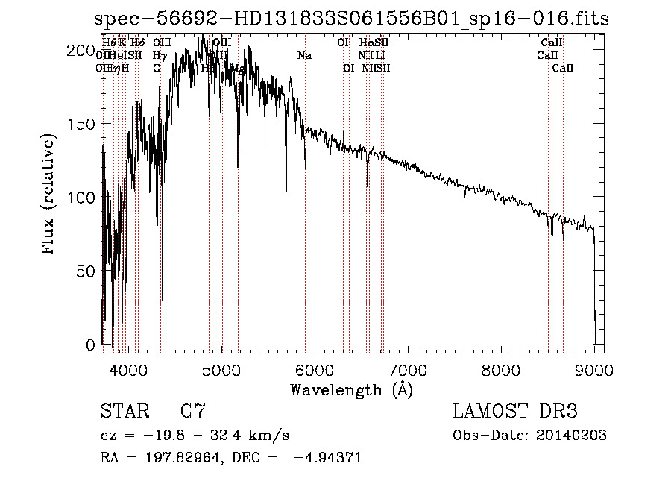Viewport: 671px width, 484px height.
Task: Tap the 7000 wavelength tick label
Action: point(408,369)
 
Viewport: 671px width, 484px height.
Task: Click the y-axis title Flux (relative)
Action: point(50,195)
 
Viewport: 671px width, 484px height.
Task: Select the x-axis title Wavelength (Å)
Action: point(352,389)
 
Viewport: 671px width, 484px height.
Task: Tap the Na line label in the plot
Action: point(304,56)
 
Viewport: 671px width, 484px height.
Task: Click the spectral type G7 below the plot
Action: point(193,412)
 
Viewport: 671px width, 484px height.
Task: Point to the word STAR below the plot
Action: point(122,412)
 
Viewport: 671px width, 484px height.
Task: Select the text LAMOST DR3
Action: point(515,412)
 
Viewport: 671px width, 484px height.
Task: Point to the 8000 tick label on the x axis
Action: point(501,369)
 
